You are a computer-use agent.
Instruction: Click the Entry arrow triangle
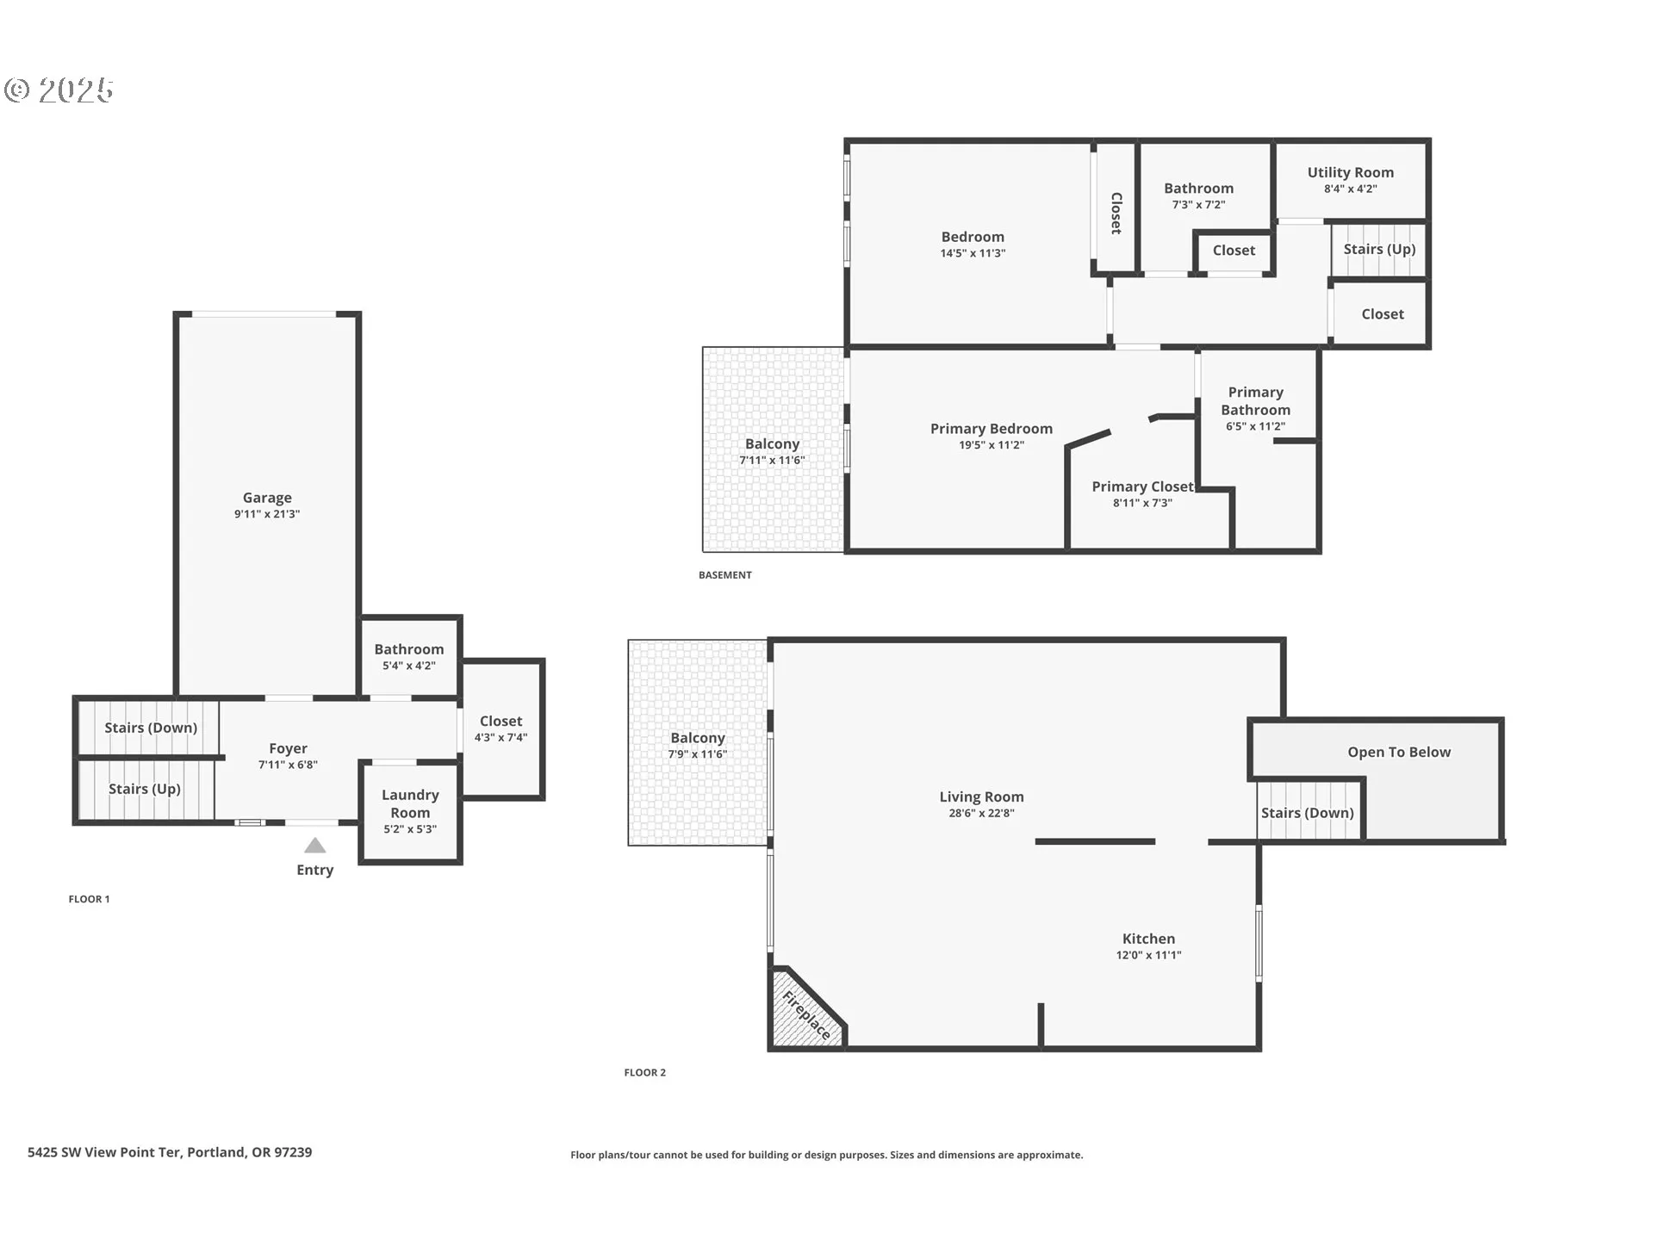click(315, 846)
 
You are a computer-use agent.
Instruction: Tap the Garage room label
click(267, 498)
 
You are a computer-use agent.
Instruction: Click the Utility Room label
click(1351, 172)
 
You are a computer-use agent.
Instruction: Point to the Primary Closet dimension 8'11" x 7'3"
click(1142, 503)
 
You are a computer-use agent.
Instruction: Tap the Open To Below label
click(1399, 752)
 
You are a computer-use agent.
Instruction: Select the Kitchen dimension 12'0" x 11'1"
click(1148, 955)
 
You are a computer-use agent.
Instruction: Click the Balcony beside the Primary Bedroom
click(773, 449)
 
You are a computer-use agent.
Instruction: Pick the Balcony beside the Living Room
click(698, 742)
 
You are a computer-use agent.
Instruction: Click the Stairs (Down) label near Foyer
click(151, 728)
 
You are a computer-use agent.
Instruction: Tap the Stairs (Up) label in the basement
click(1379, 249)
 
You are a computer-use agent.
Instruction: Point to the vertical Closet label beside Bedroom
click(1116, 214)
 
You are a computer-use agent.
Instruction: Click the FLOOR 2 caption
click(645, 1072)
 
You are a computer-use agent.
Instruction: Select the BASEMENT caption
click(725, 575)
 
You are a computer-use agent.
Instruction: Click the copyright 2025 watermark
click(59, 90)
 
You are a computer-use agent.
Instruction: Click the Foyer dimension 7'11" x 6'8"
click(288, 765)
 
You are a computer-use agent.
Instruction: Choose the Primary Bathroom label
click(1255, 400)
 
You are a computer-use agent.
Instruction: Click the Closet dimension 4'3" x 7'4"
click(501, 737)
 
